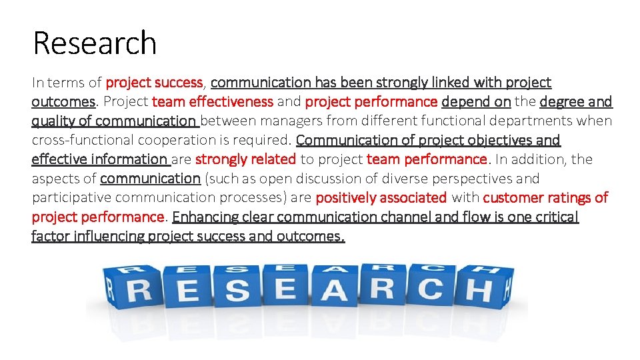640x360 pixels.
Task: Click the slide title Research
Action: pyautogui.click(x=94, y=43)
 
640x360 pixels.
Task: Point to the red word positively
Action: pyautogui.click(x=346, y=198)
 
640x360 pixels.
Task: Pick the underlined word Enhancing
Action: pyautogui.click(x=203, y=217)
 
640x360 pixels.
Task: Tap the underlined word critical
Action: pyautogui.click(x=555, y=217)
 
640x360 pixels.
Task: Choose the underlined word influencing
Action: pyautogui.click(x=111, y=237)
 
